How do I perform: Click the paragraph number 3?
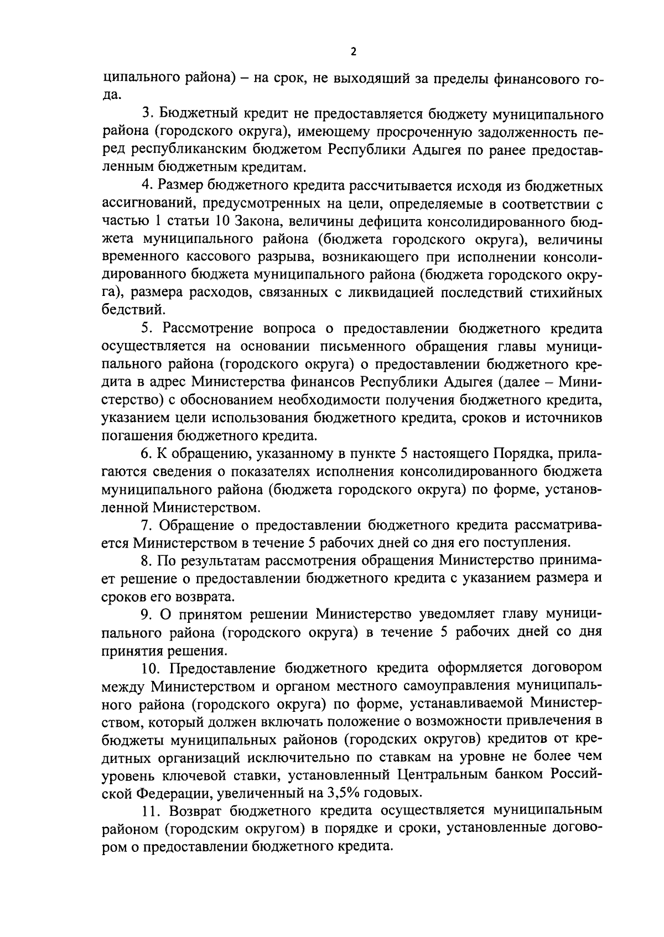click(x=147, y=113)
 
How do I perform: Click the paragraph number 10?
click(x=150, y=668)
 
